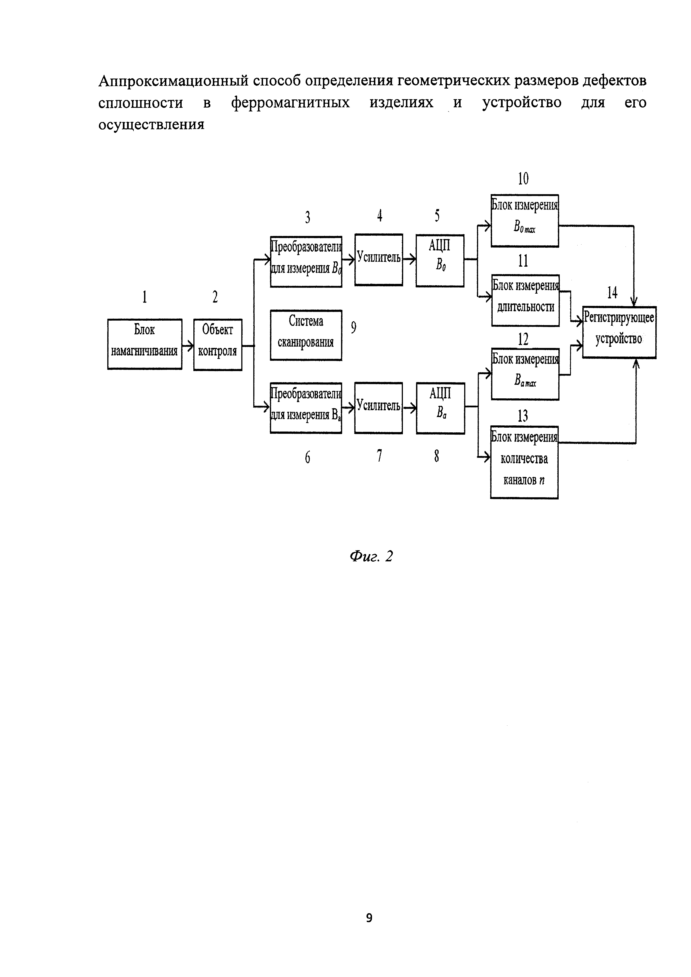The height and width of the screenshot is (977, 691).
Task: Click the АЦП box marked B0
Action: (x=440, y=260)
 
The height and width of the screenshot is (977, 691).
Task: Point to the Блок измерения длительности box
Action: (x=525, y=300)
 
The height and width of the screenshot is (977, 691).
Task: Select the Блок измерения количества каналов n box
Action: (x=524, y=462)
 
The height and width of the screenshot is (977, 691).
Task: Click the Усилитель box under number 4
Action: (x=379, y=260)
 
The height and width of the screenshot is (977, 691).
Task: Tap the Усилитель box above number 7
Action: (x=378, y=408)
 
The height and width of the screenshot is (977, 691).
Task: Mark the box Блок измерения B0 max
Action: (x=525, y=220)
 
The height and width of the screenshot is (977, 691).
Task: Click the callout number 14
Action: (x=612, y=293)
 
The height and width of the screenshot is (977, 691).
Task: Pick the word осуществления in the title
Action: (x=152, y=125)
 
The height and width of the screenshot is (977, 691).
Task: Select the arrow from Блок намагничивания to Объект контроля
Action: (x=188, y=345)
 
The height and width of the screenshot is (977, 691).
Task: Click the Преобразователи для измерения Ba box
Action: (x=306, y=408)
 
